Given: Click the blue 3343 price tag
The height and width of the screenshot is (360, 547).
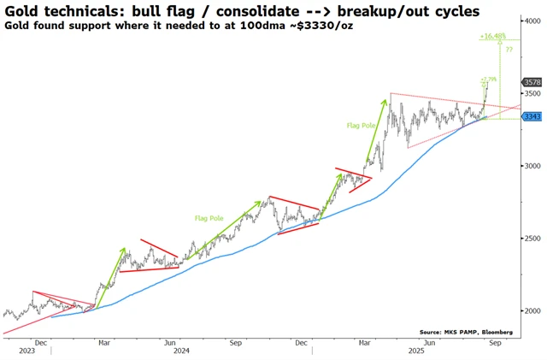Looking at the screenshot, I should pyautogui.click(x=531, y=116).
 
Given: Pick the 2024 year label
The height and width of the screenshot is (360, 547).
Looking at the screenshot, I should pyautogui.click(x=180, y=351).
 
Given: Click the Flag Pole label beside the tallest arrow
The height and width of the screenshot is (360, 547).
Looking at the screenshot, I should pyautogui.click(x=360, y=125).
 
